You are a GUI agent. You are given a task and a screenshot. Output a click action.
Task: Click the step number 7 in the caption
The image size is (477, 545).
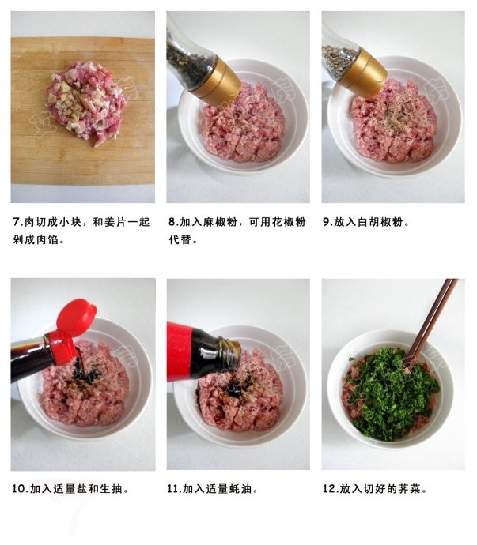tap(17, 222)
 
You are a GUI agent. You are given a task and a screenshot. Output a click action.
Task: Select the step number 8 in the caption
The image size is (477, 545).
tap(172, 222)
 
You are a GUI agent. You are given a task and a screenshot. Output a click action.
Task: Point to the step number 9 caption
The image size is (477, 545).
tap(327, 222)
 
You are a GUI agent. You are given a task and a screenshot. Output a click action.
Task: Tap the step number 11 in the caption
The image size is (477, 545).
tap(174, 489)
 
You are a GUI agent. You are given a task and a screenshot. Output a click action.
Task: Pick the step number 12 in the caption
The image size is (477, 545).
tap(330, 489)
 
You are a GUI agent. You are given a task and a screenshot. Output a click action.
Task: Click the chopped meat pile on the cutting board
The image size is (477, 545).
tap(85, 101)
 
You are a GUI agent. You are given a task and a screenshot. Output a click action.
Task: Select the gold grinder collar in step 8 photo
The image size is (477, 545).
tap(216, 81)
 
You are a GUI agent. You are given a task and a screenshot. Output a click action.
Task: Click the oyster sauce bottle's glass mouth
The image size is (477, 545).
tap(229, 353)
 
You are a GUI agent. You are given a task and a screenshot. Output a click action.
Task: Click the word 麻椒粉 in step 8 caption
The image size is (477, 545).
tap(223, 222)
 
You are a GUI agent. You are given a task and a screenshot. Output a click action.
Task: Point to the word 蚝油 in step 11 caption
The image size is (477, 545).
tap(246, 489)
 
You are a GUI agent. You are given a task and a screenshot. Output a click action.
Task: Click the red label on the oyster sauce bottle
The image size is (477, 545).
tap(180, 351)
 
